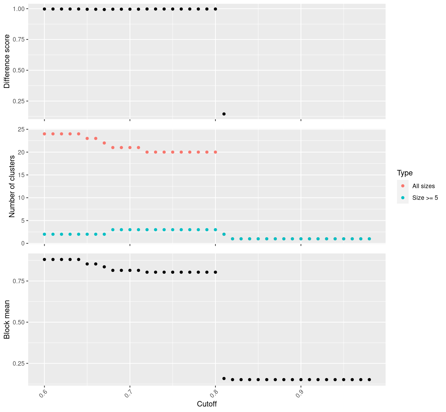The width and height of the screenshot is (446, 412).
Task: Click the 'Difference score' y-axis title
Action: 7,61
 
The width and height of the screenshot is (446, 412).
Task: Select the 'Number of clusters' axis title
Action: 12,186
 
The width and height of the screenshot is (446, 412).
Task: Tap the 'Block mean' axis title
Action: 7,319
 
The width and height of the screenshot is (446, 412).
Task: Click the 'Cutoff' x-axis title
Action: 207,404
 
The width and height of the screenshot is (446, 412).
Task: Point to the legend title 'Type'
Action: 404,173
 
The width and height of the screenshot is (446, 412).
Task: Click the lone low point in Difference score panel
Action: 224,114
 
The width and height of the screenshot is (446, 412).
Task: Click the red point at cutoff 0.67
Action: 104,143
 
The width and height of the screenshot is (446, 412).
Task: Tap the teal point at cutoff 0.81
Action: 224,234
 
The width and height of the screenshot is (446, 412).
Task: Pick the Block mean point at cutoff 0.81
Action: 224,378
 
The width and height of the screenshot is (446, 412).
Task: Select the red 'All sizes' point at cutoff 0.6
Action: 44,134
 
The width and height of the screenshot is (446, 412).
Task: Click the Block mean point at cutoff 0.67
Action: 104,267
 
